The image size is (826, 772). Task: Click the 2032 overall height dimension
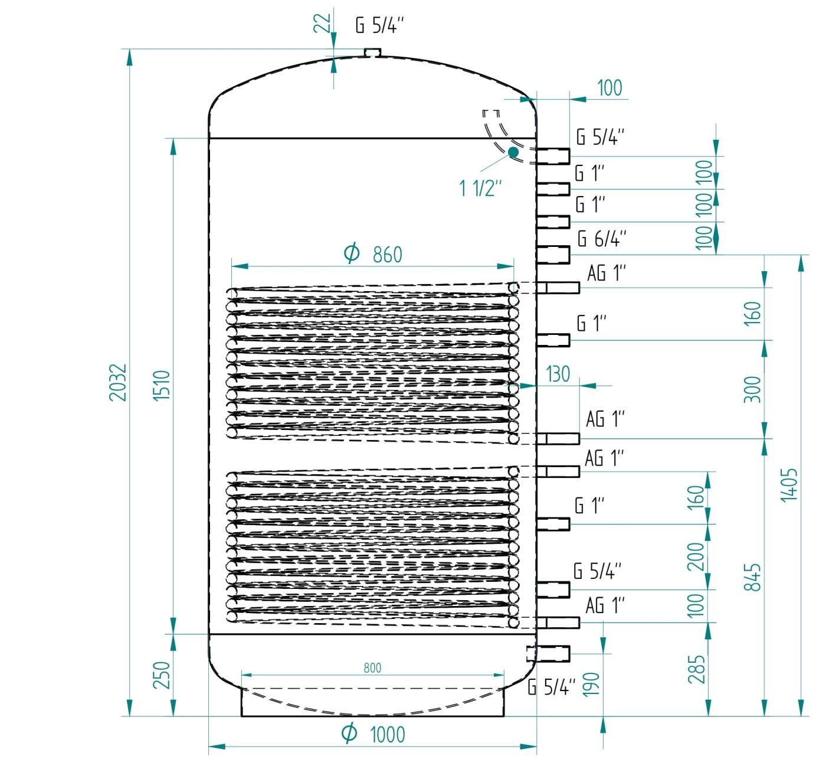[x=117, y=382]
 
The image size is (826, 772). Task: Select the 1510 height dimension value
[x=162, y=386]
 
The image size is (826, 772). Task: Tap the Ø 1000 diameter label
[x=373, y=734]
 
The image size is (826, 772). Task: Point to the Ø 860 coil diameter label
[x=373, y=254]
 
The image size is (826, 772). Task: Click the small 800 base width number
[x=372, y=668]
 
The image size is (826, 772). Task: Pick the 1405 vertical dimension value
[x=789, y=485]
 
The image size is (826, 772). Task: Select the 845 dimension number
[x=752, y=578]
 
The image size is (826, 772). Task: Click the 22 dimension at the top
[x=322, y=23]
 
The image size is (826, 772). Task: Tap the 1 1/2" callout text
[x=480, y=188]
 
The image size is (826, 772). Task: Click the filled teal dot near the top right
[x=513, y=152]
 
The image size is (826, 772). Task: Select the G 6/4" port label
[x=602, y=239]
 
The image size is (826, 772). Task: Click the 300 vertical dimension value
[x=752, y=389]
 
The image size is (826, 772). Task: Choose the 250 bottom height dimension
[x=162, y=675]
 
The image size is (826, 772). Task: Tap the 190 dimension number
[x=591, y=684]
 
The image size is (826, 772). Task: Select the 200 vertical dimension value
[x=696, y=557]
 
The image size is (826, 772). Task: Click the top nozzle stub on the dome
[x=373, y=53]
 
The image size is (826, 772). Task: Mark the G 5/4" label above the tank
[x=380, y=25]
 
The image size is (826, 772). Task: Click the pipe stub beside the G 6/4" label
[x=553, y=255]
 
